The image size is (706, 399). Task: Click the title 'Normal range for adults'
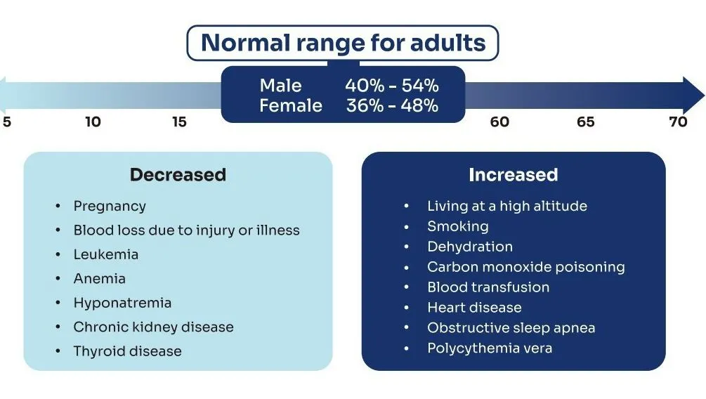coord(343,43)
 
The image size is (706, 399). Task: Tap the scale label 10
coord(93,122)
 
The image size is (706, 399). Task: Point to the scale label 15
coord(179,122)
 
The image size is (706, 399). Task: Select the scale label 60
coord(499,122)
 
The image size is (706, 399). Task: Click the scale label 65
coord(586,122)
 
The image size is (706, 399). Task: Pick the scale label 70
coord(678,122)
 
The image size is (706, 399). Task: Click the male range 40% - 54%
coord(391,86)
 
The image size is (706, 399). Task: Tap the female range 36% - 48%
coord(392,105)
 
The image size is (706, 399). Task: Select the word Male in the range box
coord(280,86)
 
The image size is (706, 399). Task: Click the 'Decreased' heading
coord(178,174)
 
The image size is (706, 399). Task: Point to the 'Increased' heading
coord(513,174)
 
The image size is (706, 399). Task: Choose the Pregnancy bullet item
coord(110,206)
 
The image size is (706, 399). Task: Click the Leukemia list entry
coord(105,254)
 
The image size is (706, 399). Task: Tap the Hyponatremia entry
coord(122,303)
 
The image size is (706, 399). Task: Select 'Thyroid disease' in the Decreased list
coord(127,351)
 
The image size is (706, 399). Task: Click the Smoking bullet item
coord(457,226)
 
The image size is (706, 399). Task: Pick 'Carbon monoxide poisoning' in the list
coord(525,267)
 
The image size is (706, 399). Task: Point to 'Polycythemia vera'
coord(489,348)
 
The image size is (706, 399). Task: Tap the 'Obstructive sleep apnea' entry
coord(511,327)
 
